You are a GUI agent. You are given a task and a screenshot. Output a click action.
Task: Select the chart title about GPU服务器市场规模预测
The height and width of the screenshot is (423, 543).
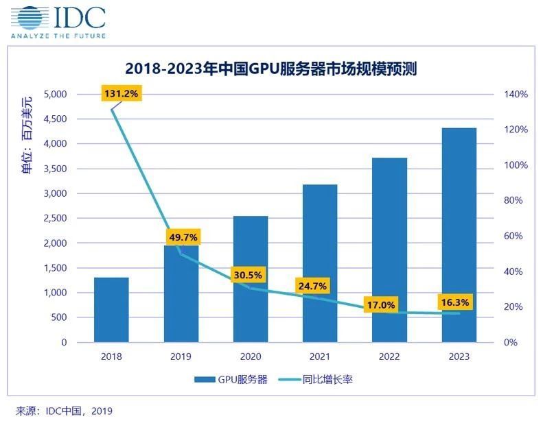point(271,69)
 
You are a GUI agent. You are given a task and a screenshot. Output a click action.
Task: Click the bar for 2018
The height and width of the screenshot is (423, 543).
point(111,310)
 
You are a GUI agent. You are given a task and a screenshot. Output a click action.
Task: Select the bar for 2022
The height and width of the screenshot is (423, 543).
point(389,250)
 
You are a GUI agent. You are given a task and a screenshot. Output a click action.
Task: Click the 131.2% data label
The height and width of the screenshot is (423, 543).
point(122,93)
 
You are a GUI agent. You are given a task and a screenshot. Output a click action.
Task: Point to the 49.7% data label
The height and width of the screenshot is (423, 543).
point(183,238)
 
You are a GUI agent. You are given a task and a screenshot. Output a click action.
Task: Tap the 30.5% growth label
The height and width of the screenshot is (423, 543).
point(246,274)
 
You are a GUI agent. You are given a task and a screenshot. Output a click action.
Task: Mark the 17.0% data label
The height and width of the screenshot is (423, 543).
point(380,305)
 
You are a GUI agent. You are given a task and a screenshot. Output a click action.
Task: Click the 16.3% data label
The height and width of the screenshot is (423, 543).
point(454,302)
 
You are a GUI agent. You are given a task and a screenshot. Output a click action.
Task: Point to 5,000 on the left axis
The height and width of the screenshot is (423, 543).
point(54,94)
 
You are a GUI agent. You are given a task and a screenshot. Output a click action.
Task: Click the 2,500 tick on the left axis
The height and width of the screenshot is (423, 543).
point(54,218)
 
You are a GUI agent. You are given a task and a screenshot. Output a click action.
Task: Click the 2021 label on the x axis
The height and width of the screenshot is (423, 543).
point(320,356)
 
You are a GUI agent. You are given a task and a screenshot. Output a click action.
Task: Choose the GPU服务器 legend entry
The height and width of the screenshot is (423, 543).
point(231,379)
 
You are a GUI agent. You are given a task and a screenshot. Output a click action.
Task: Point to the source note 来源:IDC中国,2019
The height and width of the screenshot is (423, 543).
point(64,411)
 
